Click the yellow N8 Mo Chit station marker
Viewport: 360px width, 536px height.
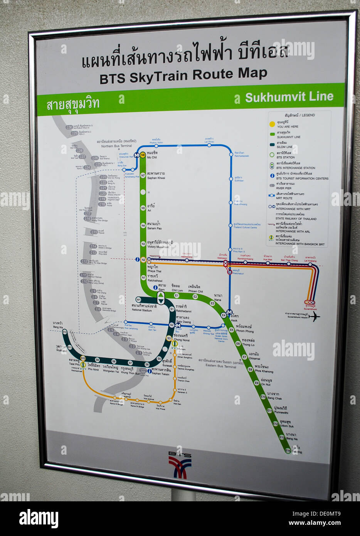tap(143, 155)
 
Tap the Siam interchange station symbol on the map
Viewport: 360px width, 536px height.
tap(161, 298)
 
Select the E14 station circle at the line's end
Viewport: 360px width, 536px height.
tap(288, 450)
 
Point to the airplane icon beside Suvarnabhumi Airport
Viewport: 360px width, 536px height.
tap(314, 317)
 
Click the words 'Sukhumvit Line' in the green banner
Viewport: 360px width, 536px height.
tap(289, 97)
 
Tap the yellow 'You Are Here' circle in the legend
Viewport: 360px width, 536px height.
tap(272, 124)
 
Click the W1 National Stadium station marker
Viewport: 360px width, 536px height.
tap(138, 300)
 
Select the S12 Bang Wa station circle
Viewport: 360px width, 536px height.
tap(65, 332)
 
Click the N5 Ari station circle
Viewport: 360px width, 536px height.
tap(143, 208)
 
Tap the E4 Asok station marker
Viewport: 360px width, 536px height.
tap(224, 315)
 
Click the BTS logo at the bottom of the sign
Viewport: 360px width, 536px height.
tap(180, 464)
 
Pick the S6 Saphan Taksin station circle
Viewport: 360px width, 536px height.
tap(147, 364)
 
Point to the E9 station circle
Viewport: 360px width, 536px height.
tap(257, 383)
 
